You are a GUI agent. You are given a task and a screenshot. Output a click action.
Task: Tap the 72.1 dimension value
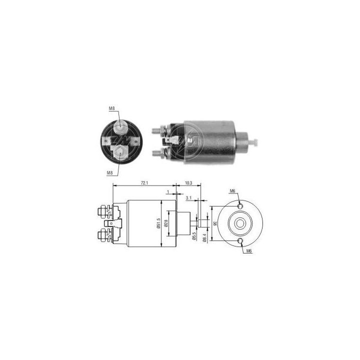pyautogui.click(x=144, y=183)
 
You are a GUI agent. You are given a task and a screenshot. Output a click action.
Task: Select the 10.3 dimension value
pyautogui.click(x=187, y=183)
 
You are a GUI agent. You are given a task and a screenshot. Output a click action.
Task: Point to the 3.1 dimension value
pyautogui.click(x=188, y=198)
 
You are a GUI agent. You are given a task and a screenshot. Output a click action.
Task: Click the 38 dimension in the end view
pyautogui.click(x=215, y=223)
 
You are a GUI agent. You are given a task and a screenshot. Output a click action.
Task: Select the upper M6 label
pyautogui.click(x=232, y=191)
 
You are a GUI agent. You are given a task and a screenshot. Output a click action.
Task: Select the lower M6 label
pyautogui.click(x=248, y=251)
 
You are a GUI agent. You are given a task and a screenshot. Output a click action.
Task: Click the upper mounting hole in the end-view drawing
pyautogui.click(x=241, y=205)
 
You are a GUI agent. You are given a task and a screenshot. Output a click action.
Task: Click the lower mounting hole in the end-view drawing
pyautogui.click(x=241, y=242)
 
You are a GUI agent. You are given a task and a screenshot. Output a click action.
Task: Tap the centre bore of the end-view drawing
pyautogui.click(x=241, y=223)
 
